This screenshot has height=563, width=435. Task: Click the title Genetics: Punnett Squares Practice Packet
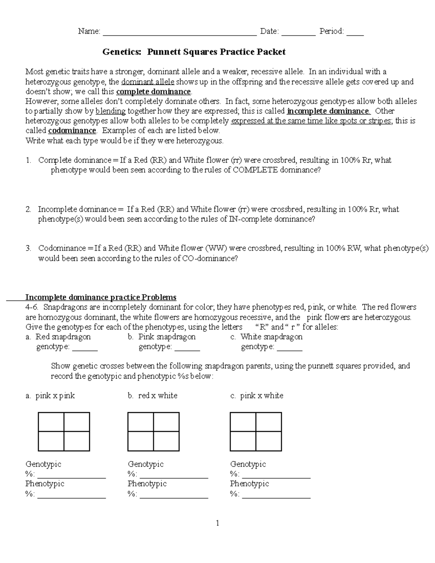coord(194,52)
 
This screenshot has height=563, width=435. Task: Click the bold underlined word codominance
coord(72,131)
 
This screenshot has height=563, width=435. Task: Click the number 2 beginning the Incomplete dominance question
coord(28,209)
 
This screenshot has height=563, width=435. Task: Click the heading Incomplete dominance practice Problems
coord(101,297)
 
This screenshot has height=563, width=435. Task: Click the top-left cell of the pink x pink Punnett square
coord(51,422)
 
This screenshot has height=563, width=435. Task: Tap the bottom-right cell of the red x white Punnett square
coord(166,441)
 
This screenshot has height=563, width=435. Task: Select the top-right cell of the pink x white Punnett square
coord(268,422)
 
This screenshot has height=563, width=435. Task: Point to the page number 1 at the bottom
coord(217,523)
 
